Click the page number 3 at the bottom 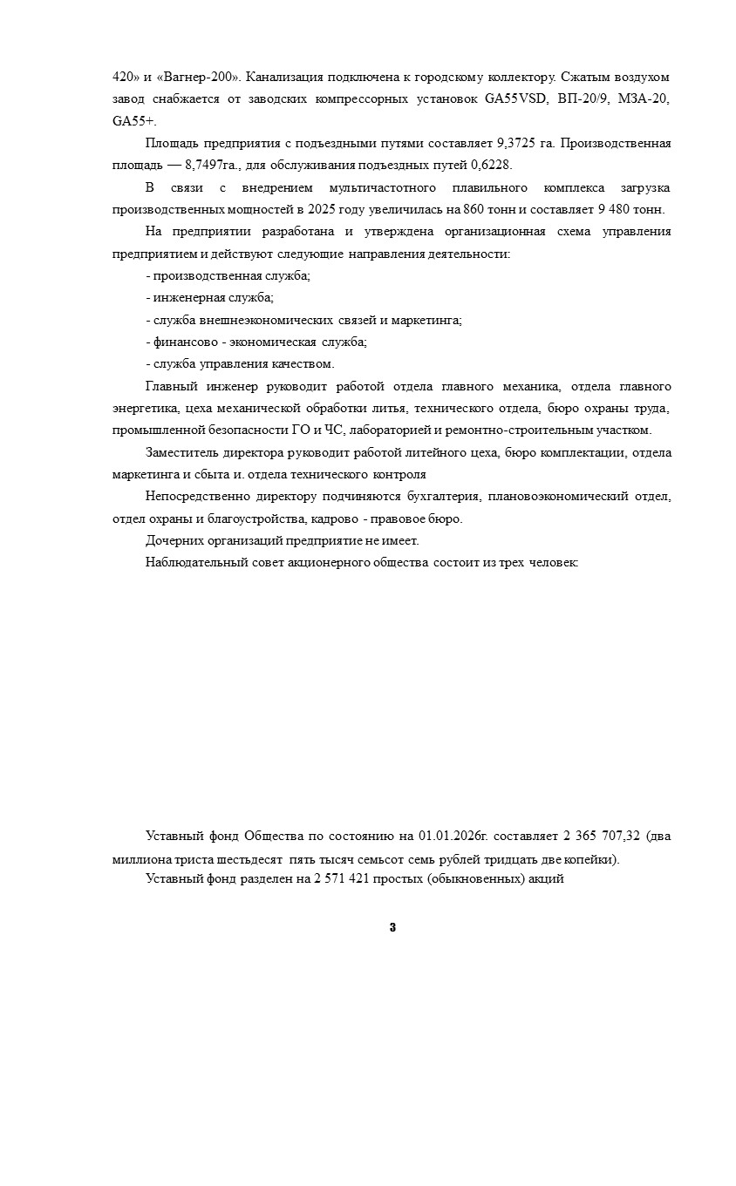(392, 927)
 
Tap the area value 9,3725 (516, 143)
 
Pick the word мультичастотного (392, 187)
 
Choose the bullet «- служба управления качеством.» (240, 364)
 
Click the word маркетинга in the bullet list (428, 320)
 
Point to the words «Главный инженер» (201, 386)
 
